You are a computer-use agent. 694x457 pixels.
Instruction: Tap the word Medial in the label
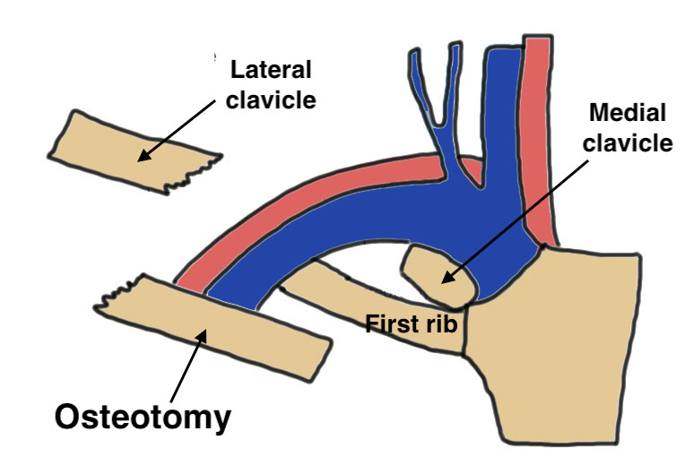[627, 114]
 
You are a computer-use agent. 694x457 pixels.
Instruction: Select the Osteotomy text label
[143, 416]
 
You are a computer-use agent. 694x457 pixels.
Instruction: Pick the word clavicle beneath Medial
[627, 143]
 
